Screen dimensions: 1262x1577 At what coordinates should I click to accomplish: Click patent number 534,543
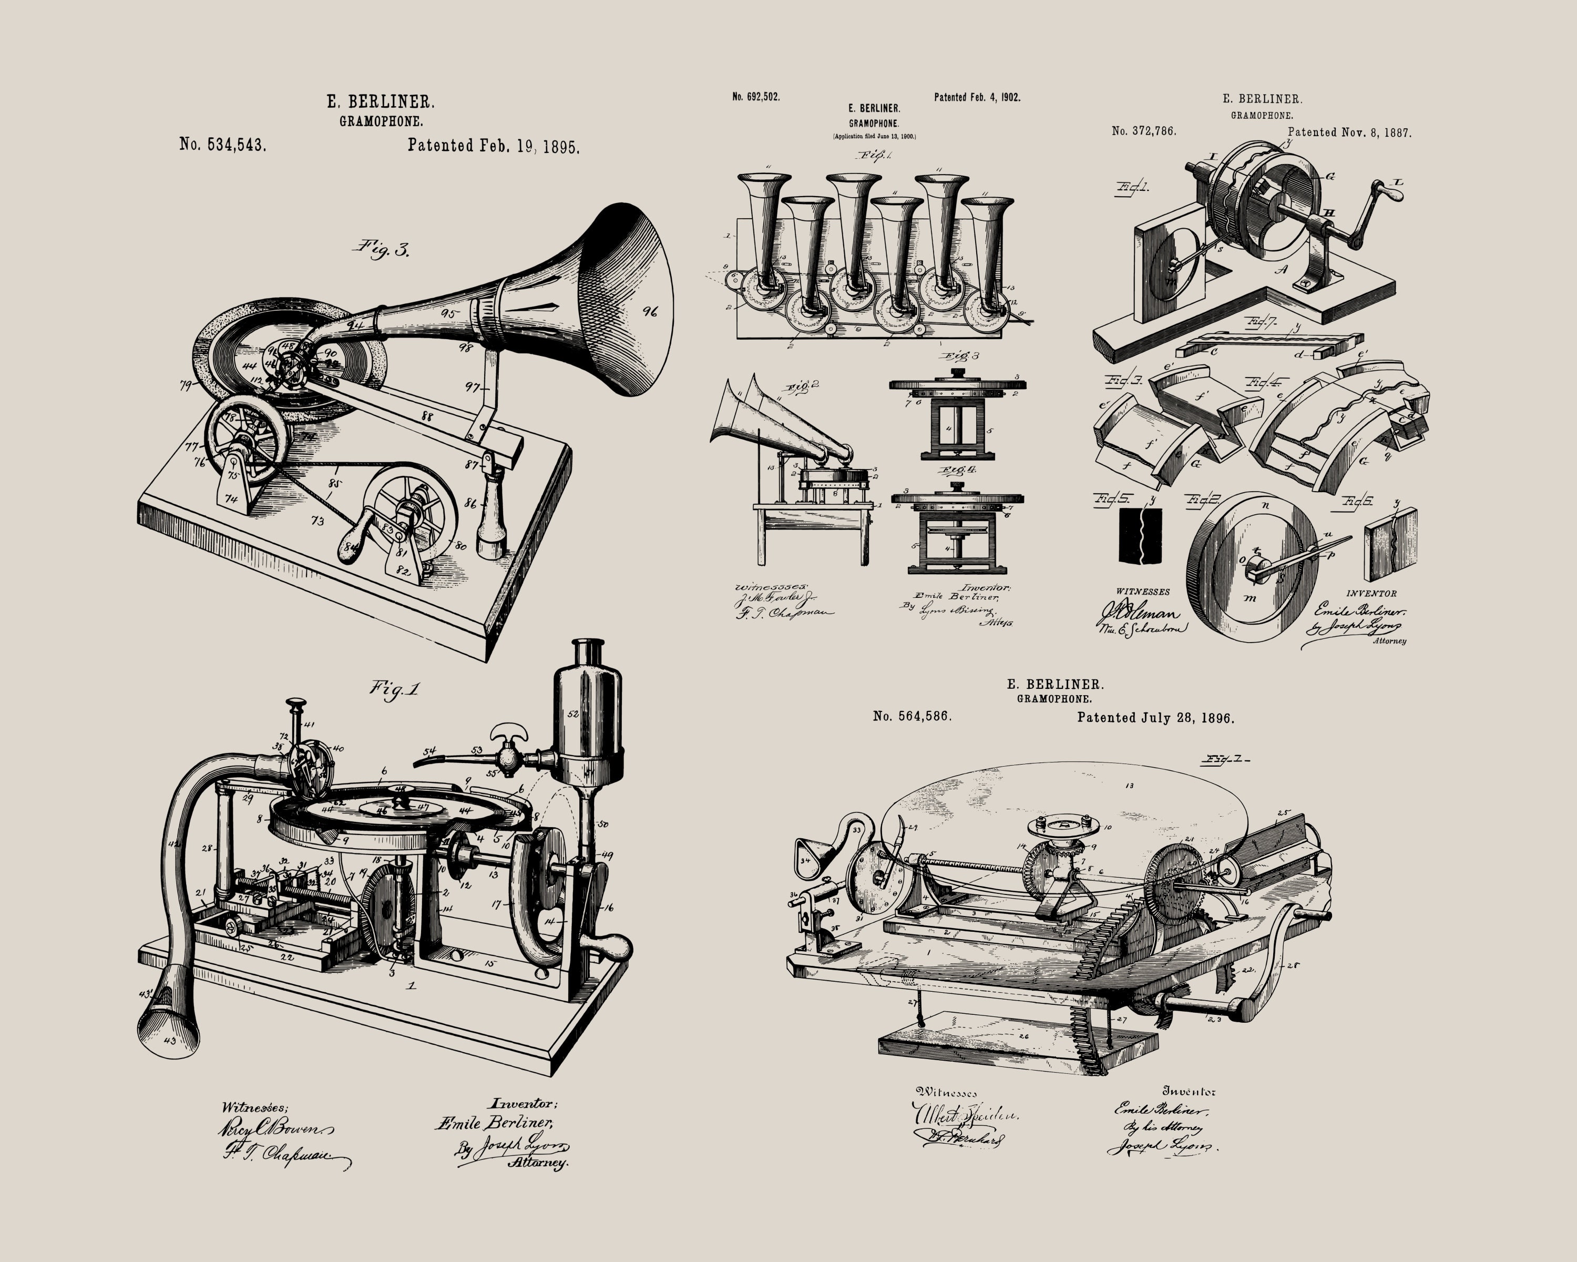222,144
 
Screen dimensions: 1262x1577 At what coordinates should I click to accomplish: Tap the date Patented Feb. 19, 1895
493,146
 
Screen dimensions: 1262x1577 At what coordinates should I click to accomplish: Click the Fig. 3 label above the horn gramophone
382,249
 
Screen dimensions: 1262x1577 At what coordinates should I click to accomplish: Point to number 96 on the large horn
649,312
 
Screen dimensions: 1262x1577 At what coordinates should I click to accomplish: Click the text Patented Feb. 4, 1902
977,97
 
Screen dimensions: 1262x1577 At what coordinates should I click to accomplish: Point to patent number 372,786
1143,131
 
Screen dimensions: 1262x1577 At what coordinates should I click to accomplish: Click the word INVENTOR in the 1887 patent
1371,593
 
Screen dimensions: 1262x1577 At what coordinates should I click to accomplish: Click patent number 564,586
912,716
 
